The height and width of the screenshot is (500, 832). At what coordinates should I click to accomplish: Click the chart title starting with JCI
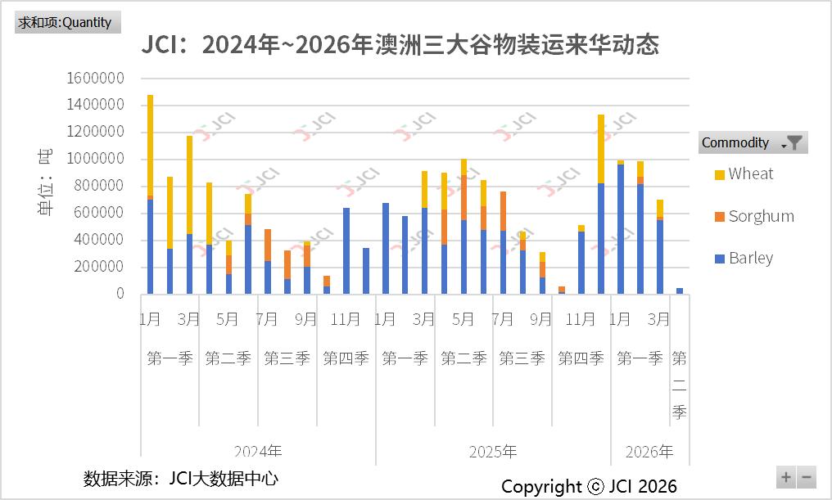pos(400,45)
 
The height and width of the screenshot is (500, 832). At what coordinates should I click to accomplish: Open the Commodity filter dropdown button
pos(794,142)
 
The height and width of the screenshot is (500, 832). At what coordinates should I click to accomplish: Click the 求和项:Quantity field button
pos(67,22)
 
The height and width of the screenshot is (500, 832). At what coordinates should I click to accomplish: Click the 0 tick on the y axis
pos(120,294)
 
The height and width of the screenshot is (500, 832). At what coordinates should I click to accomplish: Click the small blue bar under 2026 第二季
pos(680,291)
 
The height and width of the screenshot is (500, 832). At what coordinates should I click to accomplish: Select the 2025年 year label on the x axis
pos(493,452)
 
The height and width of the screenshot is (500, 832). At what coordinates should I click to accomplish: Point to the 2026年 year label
pos(649,452)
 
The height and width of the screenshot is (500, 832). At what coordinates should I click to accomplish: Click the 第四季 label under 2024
pos(346,358)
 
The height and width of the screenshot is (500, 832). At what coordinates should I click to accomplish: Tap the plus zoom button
pos(785,477)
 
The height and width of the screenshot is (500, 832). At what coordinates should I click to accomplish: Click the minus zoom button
pos(807,477)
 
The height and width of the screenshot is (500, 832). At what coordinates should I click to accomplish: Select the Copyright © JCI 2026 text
pos(589,487)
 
